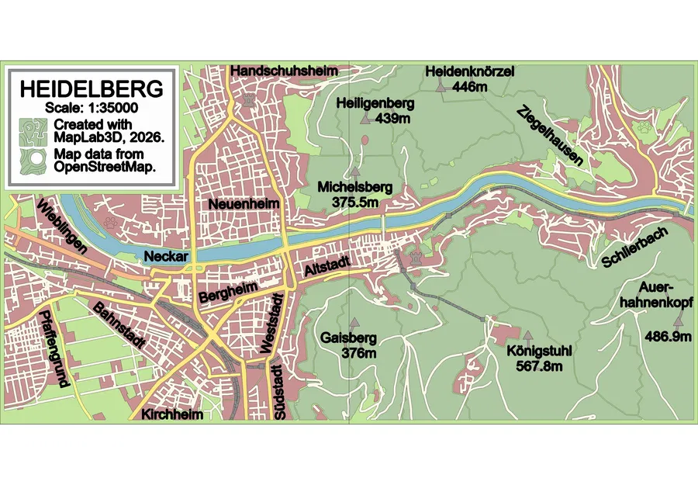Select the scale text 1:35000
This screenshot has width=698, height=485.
pyautogui.click(x=92, y=107)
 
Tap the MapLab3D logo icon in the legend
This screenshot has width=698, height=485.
pyautogui.click(x=33, y=130)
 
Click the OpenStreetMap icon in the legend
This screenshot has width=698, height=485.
pyautogui.click(x=33, y=160)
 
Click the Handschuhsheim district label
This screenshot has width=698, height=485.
pyautogui.click(x=285, y=71)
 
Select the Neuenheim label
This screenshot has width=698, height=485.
pyautogui.click(x=242, y=204)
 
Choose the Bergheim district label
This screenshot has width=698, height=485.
pyautogui.click(x=227, y=293)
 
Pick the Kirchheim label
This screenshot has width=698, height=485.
pyautogui.click(x=172, y=415)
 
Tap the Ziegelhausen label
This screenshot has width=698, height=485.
pyautogui.click(x=551, y=137)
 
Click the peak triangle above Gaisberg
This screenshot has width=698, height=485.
pyautogui.click(x=354, y=322)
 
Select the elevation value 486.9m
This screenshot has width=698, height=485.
pyautogui.click(x=668, y=336)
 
